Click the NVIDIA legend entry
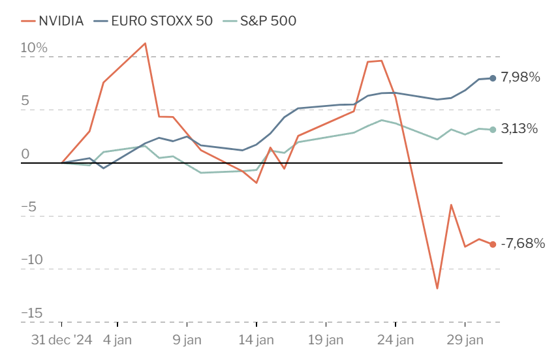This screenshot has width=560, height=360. pos(52,21)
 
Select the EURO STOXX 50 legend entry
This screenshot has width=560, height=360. pos(153,21)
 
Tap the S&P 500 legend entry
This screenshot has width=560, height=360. pos(260,21)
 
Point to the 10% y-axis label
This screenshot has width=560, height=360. pos(34,48)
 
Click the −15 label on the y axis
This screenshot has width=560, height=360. pos(32,313)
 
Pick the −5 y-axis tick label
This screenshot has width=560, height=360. pos(29,207)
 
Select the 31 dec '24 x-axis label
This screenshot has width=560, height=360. pos(62,340)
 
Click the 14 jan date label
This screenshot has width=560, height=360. pos(256,340)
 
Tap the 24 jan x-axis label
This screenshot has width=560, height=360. pos(396,340)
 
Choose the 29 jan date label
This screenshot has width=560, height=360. pos(465,340)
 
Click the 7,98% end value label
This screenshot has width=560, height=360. pos(520,77)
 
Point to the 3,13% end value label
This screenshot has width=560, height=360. pos(520,128)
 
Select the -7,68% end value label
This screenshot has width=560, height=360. pos(523,243)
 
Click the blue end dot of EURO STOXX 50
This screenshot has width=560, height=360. pos(493,78)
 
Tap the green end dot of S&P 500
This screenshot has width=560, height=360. pos(493,130)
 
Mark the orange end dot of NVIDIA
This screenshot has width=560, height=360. pos(493,245)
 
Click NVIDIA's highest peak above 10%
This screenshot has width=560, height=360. pos(145,43)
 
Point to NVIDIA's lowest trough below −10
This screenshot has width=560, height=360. pos(437,288)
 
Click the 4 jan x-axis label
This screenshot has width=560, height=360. pos(117,340)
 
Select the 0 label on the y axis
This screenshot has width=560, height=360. pos(25,154)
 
